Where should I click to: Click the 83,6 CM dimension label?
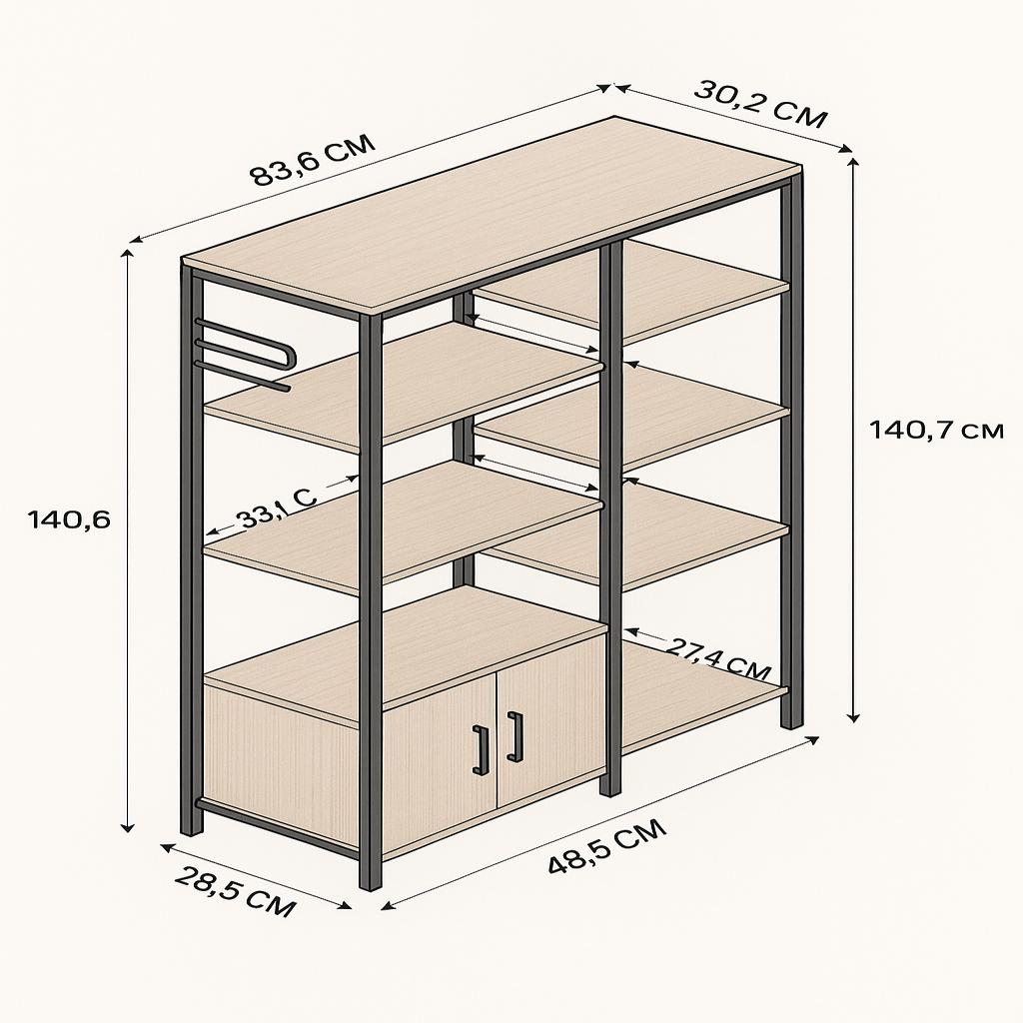pyautogui.click(x=313, y=160)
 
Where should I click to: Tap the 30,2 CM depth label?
pyautogui.click(x=760, y=104)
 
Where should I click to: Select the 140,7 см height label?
pyautogui.click(x=935, y=430)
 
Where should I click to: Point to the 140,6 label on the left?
pyautogui.click(x=69, y=519)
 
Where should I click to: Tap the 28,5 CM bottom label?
pyautogui.click(x=235, y=891)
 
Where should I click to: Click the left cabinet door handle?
pyautogui.click(x=481, y=749)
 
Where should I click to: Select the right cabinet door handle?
pyautogui.click(x=515, y=736)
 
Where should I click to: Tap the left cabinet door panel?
pyautogui.click(x=439, y=760)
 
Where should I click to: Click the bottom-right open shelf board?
pyautogui.click(x=701, y=695)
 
